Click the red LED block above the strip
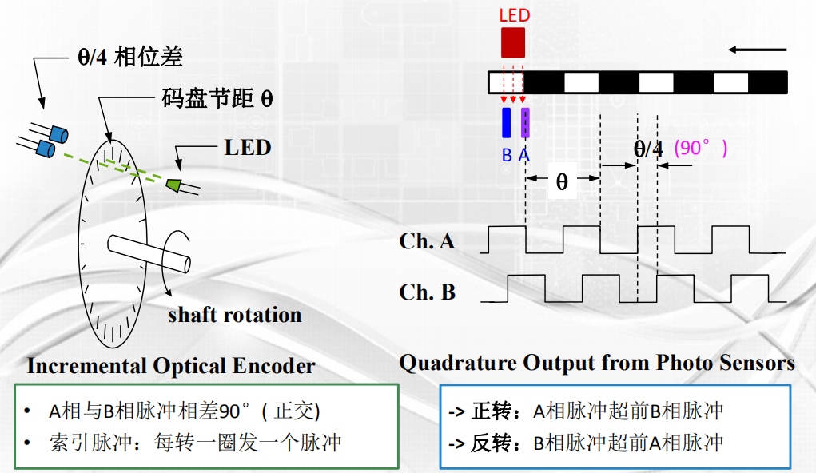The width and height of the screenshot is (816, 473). (512, 42)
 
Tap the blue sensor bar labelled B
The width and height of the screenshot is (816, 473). (506, 123)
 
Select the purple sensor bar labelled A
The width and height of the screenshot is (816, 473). (525, 123)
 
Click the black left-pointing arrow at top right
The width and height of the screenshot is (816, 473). (758, 50)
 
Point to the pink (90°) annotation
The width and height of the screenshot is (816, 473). (701, 148)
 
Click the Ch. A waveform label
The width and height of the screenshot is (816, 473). (427, 241)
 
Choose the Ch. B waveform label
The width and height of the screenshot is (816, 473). (427, 292)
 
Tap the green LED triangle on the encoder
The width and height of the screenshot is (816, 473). (173, 184)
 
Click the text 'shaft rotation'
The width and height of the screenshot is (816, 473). (234, 315)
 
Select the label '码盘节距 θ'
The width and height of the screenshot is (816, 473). (217, 100)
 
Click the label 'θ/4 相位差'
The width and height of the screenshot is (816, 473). (129, 58)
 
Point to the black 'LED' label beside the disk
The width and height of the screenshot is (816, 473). (248, 148)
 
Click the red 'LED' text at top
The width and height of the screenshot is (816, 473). (514, 15)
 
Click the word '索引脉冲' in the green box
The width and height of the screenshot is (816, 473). (80, 443)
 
